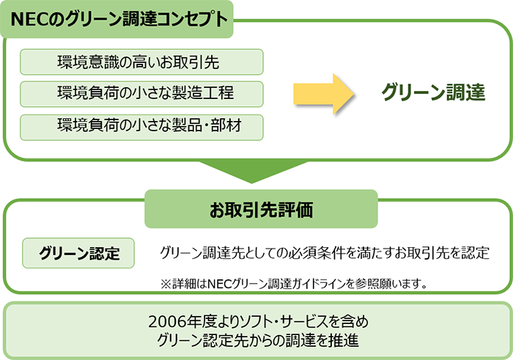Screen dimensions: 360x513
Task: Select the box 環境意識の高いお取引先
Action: [x=141, y=62]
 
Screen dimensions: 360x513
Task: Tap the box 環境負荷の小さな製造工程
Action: [x=141, y=95]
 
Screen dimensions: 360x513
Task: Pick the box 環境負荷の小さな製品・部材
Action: [x=141, y=128]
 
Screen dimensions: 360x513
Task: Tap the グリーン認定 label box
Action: [x=79, y=254]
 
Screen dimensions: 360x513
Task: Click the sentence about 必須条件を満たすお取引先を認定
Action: [x=324, y=254]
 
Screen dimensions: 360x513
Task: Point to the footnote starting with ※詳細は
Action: [x=294, y=283]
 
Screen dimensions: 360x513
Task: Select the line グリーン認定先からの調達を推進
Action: [x=256, y=339]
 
